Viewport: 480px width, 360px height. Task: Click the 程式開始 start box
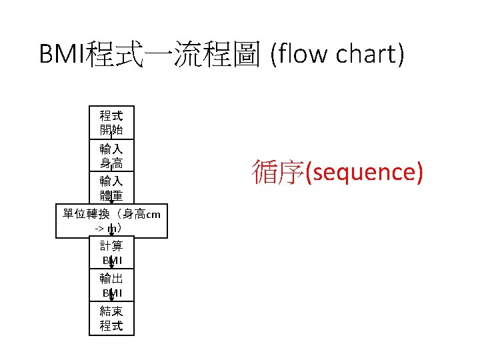[x=111, y=122]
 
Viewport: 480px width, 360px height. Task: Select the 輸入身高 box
[x=111, y=155]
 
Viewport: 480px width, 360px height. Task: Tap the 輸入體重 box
[x=111, y=188]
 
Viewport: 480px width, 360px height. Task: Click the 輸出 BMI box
[x=111, y=285]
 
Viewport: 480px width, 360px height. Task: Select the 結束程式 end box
[x=111, y=318]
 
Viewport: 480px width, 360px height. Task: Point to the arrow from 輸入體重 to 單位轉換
[x=111, y=199]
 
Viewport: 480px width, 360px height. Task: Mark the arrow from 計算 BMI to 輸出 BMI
[x=111, y=265]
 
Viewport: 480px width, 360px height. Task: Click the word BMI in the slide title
[x=61, y=54]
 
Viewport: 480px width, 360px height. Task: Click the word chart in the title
[x=367, y=54]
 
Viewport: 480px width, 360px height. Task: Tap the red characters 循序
[x=278, y=172]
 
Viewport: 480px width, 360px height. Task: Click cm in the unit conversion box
[x=153, y=214]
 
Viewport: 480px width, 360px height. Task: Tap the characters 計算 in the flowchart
[x=111, y=246]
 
